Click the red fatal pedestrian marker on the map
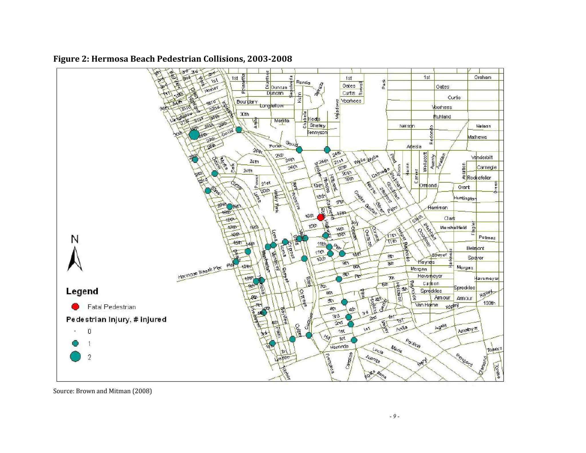[x=320, y=217]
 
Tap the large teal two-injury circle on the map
[x=194, y=135]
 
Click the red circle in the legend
[x=75, y=307]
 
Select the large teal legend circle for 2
[x=75, y=357]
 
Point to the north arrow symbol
[x=75, y=258]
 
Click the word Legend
[x=82, y=291]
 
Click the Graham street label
[x=482, y=77]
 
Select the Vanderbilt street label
[x=482, y=157]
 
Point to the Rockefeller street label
[x=479, y=178]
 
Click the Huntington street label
[x=465, y=198]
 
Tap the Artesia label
[x=414, y=147]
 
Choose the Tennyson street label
[x=317, y=132]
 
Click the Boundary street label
[x=247, y=102]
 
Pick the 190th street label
[x=489, y=303]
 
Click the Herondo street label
[x=339, y=347]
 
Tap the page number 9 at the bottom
[x=395, y=416]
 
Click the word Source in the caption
[x=63, y=391]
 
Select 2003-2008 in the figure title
[x=270, y=59]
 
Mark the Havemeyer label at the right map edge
[x=486, y=278]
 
